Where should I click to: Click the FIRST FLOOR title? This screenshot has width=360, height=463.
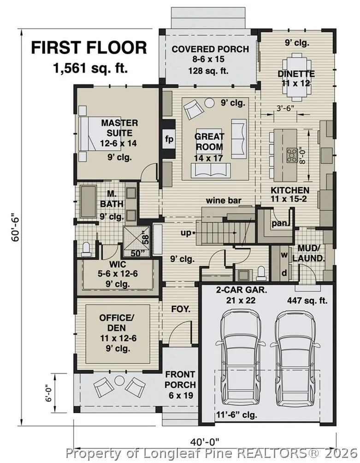(89, 47)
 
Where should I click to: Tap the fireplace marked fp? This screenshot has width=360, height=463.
(169, 139)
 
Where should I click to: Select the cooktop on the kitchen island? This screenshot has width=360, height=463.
(292, 155)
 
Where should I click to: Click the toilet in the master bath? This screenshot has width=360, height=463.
(87, 249)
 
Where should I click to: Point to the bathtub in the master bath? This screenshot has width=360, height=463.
(89, 202)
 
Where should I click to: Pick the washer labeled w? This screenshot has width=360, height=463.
(284, 255)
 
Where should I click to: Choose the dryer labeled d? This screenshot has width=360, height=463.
(284, 273)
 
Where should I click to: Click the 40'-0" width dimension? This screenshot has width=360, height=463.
(205, 442)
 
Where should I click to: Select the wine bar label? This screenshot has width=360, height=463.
(224, 201)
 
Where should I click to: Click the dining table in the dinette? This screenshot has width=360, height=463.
(296, 74)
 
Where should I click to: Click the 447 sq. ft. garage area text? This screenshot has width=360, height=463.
(307, 301)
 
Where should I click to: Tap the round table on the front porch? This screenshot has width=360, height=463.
(120, 380)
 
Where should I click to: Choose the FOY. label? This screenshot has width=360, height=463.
(181, 309)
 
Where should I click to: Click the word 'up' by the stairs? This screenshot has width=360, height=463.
(186, 233)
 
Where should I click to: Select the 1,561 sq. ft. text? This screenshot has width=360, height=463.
(90, 69)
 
